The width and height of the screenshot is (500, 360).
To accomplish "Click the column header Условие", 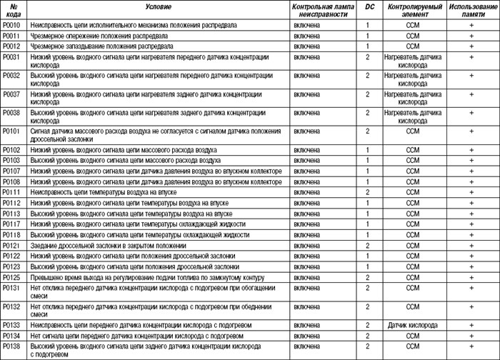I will (x=158, y=6).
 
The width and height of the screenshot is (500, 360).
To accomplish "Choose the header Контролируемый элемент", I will (x=413, y=10).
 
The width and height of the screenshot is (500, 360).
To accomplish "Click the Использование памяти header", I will (x=471, y=10).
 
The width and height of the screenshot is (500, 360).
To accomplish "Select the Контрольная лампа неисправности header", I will (x=319, y=10).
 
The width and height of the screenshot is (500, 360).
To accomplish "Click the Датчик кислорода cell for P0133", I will (x=413, y=325).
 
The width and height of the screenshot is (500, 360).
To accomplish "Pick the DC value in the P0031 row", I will (x=367, y=56).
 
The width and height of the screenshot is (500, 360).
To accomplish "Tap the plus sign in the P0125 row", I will (x=471, y=277).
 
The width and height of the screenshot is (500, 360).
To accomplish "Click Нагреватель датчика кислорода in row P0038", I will (x=413, y=116).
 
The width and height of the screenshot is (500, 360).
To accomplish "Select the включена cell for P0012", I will (x=306, y=46).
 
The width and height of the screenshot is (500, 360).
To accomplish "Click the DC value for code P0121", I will (x=367, y=245).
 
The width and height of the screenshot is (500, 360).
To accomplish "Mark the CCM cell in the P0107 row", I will (x=413, y=171).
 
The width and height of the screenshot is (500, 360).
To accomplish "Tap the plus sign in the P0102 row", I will (x=471, y=150).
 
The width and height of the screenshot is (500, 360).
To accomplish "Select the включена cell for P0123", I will (x=306, y=266).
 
